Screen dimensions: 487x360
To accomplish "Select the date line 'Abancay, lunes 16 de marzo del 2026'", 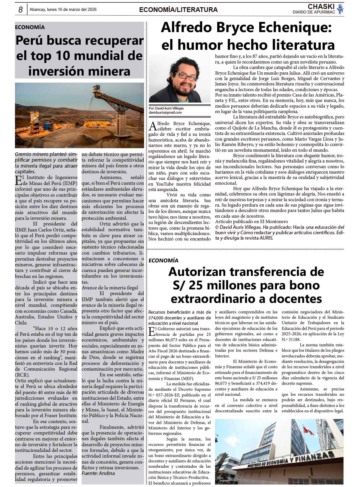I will pyautogui.click(x=63, y=10).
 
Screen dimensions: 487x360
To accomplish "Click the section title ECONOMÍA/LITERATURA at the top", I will pyautogui.click(x=178, y=10).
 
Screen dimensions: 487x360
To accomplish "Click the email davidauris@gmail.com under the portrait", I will pyautogui.click(x=165, y=112).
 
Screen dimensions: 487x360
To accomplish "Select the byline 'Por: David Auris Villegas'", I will pyautogui.click(x=166, y=108).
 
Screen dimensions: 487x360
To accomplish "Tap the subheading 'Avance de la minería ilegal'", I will pyautogui.click(x=110, y=288).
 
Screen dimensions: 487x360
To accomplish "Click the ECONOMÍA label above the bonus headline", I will pyautogui.click(x=163, y=261).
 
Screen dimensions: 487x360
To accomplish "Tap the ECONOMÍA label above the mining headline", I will pyautogui.click(x=30, y=27).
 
